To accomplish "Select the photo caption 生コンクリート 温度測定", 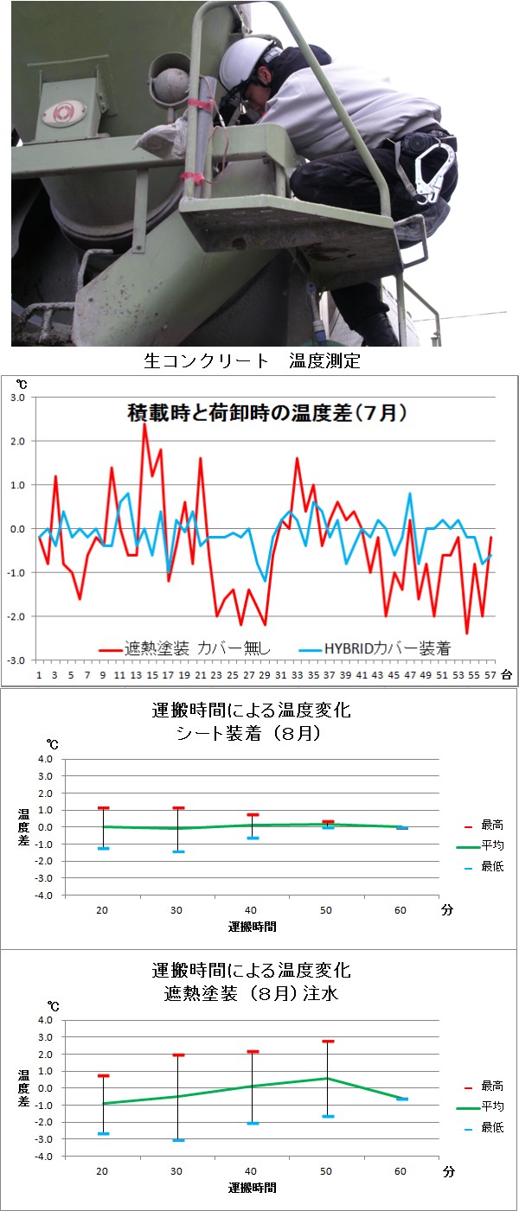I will coord(250,361).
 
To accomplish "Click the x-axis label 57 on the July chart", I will coord(490,674).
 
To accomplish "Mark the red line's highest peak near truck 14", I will coord(144,424).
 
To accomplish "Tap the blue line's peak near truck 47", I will coord(410,494).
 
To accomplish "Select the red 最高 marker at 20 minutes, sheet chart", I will coord(103,808).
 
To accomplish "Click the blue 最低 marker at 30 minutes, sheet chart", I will coord(177,851).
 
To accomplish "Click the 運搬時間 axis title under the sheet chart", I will coord(253,926).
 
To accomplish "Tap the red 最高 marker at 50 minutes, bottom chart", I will coord(328,1042).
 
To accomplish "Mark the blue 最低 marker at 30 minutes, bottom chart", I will coord(177,1140).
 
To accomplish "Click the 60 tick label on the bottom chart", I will coord(401,1171).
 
